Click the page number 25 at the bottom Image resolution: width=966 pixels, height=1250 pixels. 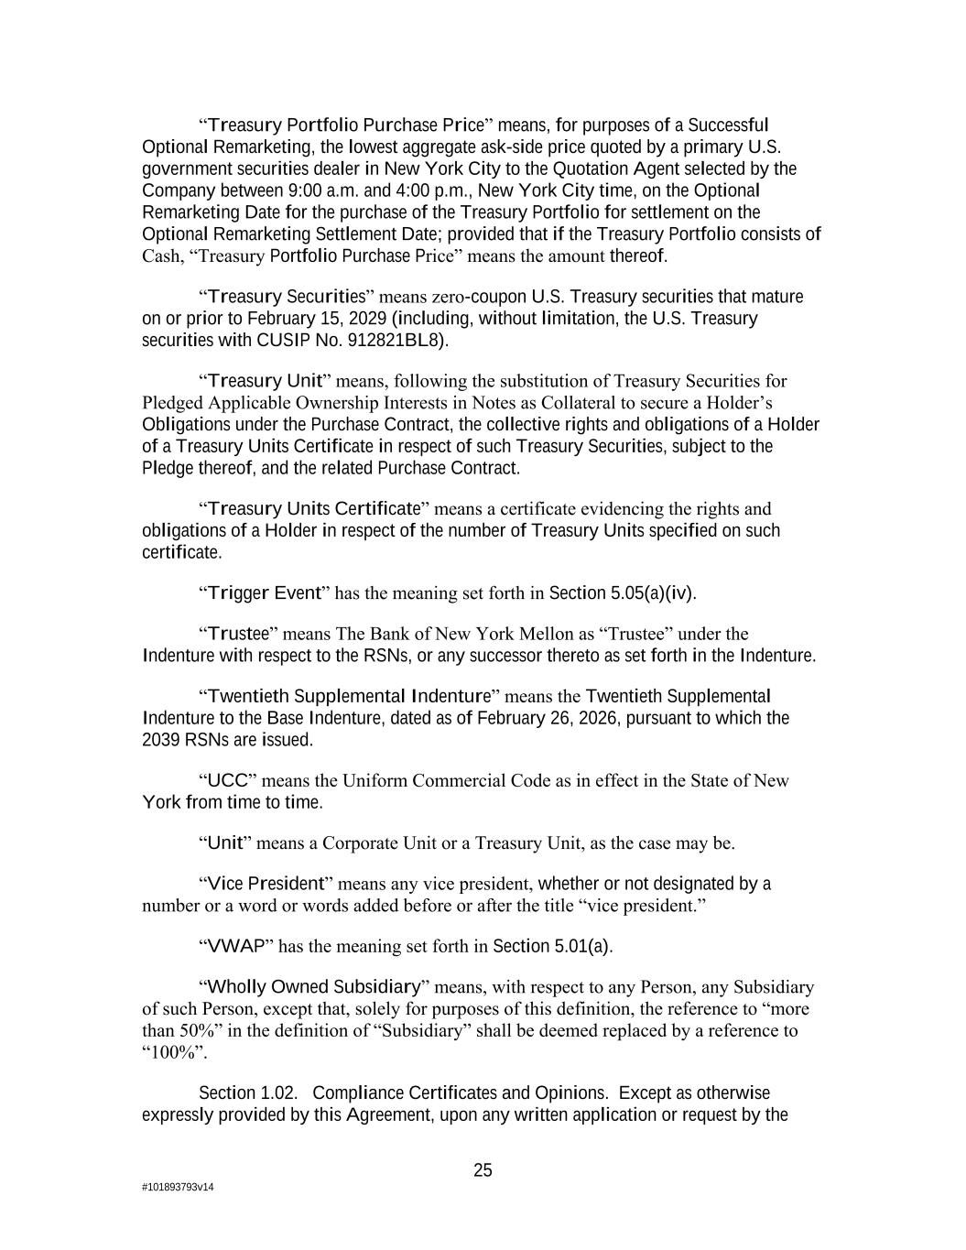click(x=483, y=1170)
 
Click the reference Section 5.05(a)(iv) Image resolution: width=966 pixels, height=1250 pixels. click(x=621, y=593)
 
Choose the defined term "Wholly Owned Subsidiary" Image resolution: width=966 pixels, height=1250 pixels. click(x=314, y=987)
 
